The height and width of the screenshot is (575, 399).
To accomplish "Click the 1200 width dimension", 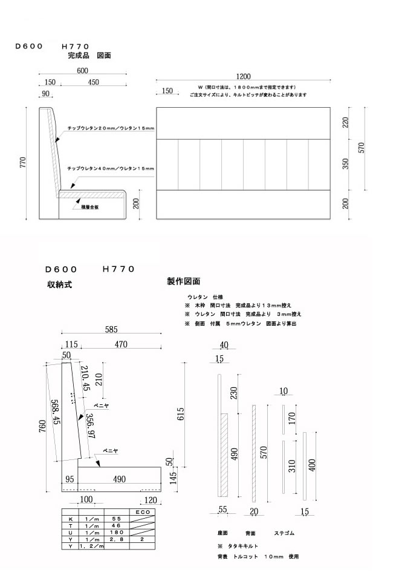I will [243, 76].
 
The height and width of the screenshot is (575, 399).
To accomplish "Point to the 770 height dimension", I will [24, 163].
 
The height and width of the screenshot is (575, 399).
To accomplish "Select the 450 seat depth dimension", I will [94, 82].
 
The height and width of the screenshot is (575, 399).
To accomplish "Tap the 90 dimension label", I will [47, 93].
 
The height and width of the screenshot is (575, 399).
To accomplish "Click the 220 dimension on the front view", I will [345, 123].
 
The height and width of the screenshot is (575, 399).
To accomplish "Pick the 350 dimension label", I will [345, 165].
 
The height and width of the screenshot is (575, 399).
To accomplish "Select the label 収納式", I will [59, 284].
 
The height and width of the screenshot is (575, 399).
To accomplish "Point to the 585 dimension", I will [111, 330].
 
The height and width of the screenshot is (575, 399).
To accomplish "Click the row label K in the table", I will [71, 519].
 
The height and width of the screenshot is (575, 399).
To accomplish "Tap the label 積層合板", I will [89, 207].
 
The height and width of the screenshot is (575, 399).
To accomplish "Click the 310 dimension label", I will [293, 467].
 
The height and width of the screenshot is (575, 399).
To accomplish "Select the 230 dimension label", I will [233, 393].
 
